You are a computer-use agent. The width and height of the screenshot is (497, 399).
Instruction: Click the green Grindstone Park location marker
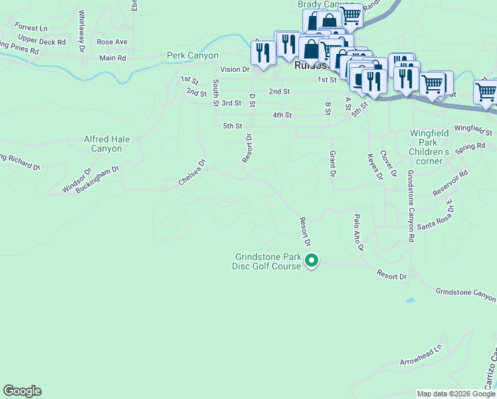(312, 262)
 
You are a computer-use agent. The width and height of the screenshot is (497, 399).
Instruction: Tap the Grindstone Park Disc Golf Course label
(266, 261)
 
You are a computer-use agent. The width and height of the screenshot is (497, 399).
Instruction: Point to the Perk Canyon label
(193, 56)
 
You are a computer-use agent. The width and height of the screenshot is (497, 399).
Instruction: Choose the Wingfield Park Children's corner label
(429, 142)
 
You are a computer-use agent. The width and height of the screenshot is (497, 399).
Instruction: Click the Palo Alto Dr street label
(359, 233)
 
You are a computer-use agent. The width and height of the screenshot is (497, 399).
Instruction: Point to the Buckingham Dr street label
(97, 179)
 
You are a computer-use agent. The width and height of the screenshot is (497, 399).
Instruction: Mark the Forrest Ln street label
(31, 29)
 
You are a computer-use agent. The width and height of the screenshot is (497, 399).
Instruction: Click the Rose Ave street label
(112, 42)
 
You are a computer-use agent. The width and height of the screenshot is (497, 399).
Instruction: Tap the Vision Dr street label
(235, 69)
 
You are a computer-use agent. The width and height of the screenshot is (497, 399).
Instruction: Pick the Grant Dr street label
(332, 164)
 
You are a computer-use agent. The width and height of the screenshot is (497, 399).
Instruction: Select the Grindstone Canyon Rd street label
(411, 205)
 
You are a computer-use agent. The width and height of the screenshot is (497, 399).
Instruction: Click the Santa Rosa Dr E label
(437, 217)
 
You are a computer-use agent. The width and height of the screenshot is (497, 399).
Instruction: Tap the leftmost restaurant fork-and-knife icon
(263, 53)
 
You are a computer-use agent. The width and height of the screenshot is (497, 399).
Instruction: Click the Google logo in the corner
(22, 391)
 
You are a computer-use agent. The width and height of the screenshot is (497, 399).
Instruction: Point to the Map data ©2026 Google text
(455, 394)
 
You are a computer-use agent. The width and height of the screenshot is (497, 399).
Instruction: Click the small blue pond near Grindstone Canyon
(410, 301)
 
